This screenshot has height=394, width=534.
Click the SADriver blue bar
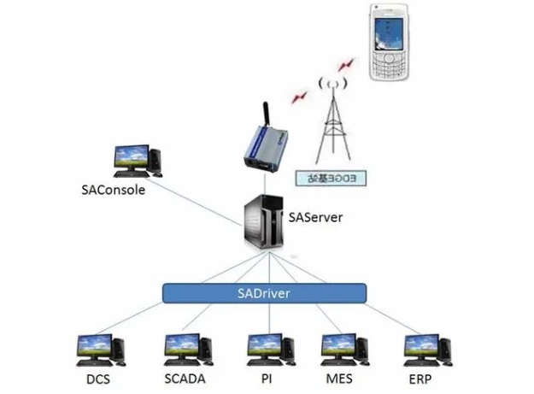click(264, 293)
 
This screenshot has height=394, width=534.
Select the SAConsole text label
click(106, 190)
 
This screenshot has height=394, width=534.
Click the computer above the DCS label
click(99, 350)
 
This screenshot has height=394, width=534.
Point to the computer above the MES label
click(345, 350)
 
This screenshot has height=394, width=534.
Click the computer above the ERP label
click(427, 350)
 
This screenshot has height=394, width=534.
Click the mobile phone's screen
click(390, 32)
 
